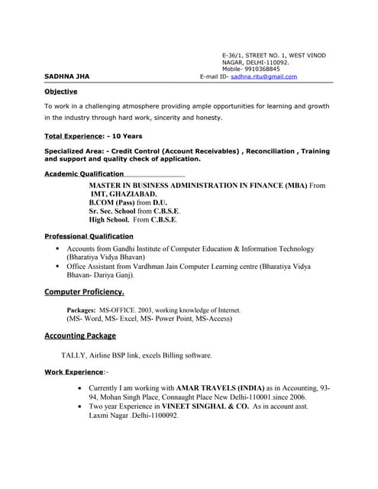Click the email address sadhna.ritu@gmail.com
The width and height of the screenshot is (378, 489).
[263, 77]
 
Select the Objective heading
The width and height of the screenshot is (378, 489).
[61, 92]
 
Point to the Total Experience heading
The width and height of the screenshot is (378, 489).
[73, 136]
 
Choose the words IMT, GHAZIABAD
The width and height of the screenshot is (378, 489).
[124, 195]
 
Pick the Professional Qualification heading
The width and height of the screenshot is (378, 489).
[89, 237]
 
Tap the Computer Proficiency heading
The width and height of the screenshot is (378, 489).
[84, 292]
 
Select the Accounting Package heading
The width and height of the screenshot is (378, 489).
[80, 335]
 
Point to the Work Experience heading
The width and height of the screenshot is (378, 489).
[74, 372]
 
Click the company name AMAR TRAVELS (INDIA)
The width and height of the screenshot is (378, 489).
[221, 388]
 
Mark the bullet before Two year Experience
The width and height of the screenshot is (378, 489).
[81, 408]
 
